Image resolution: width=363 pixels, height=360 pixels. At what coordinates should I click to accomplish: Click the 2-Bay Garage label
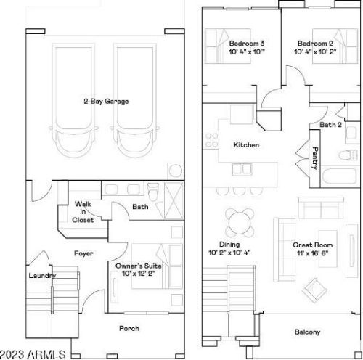106,101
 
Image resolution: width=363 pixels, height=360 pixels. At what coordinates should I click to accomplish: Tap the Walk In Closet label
83,212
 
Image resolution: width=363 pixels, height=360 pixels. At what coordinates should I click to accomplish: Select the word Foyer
83,253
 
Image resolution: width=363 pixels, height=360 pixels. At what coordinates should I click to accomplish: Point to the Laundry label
42,276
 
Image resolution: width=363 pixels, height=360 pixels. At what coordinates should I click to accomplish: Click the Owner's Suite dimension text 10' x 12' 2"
139,274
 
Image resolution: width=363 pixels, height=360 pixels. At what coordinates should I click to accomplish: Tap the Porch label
129,328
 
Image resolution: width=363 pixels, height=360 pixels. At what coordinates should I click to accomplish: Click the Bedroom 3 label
247,44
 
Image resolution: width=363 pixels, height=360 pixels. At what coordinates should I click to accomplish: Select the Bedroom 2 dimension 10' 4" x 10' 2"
315,52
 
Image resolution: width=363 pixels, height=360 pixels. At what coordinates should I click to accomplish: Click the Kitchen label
246,145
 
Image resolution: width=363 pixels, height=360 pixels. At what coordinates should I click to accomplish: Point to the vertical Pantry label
315,158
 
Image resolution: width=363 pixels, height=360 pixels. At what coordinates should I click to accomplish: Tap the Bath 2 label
330,125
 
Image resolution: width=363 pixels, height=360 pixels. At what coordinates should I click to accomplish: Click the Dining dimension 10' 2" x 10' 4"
229,253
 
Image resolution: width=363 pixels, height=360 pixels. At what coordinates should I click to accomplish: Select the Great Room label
313,245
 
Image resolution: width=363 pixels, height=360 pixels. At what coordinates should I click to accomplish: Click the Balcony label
307,332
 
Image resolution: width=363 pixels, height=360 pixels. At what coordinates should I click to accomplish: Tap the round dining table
240,223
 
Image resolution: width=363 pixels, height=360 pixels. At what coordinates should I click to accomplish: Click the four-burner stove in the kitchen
211,140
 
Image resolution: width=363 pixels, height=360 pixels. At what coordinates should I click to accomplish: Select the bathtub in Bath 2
340,176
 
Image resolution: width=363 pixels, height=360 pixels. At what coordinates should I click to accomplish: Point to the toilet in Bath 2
348,155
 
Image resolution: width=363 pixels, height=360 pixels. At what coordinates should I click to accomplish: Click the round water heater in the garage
176,171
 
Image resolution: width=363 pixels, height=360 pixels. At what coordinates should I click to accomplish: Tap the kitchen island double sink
242,169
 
